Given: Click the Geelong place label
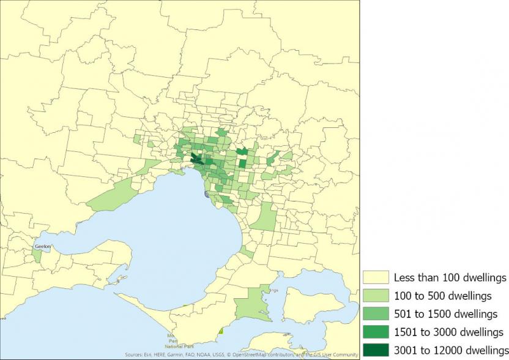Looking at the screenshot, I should coord(43,247).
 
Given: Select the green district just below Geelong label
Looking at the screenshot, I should coord(37,255).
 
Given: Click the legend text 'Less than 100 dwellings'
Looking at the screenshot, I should coord(450,278).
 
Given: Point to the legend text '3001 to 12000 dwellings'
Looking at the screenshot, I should coord(451,350).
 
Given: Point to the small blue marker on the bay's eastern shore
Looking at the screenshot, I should coord(206,193).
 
